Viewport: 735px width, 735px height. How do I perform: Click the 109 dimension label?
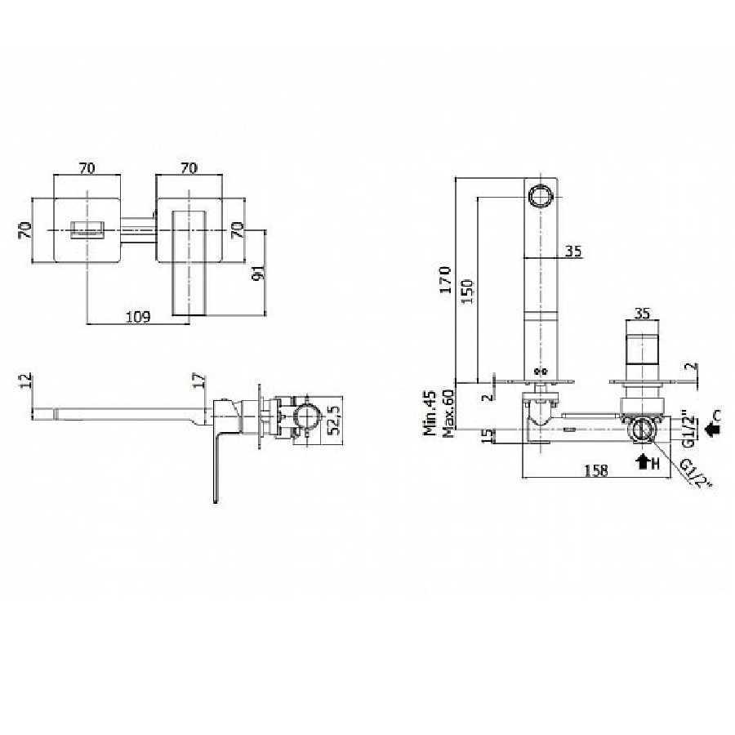point(139,318)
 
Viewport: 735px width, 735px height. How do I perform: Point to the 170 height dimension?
point(446,280)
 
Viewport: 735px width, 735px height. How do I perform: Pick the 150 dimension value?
point(467,292)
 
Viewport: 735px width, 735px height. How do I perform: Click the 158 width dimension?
point(596,470)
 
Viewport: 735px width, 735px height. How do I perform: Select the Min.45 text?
point(430,413)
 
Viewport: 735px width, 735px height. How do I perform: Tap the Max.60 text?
point(448,413)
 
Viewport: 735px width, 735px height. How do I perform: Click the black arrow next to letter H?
point(642,463)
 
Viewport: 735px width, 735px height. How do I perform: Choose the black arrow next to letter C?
point(713,429)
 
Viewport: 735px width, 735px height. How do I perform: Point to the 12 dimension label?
point(26,379)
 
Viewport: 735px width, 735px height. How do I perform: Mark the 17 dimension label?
point(199,380)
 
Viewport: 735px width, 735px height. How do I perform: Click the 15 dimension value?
point(488,435)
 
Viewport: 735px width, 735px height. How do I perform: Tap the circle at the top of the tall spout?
point(541,194)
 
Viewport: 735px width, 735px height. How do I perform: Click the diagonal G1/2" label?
point(696,473)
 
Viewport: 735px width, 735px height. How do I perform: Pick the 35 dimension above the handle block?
point(644,313)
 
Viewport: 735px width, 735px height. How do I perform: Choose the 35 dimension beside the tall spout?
point(572,252)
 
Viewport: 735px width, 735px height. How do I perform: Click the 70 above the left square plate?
point(87,167)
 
